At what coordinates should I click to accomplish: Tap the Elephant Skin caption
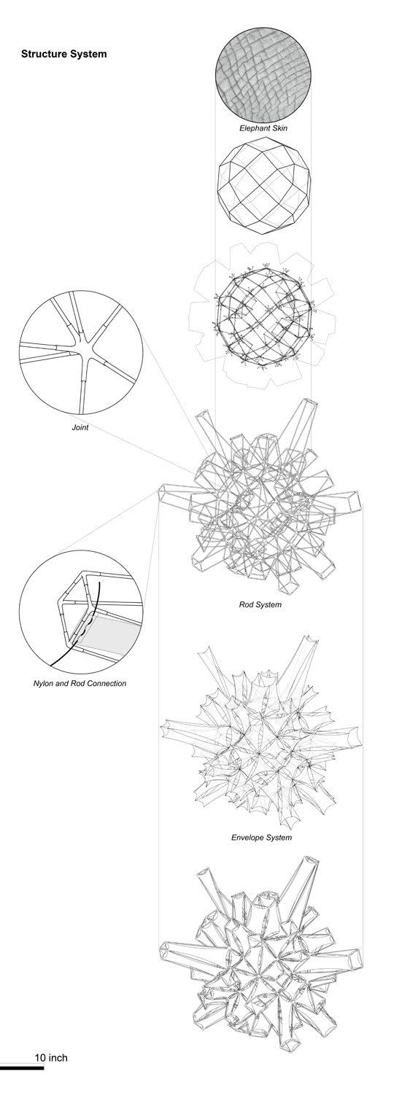point(263,128)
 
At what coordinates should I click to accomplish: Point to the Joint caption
point(80,427)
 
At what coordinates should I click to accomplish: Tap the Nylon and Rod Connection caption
point(80,683)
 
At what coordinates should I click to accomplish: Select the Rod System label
point(260,604)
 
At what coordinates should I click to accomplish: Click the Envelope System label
point(262,838)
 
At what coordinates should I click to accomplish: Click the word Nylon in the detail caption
point(43,683)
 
